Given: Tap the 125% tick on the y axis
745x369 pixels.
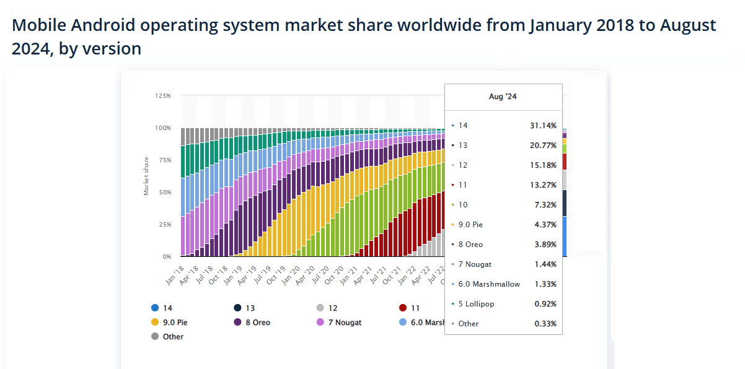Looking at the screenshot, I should coord(163,96).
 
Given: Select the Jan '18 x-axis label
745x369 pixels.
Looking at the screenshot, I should coord(174,276).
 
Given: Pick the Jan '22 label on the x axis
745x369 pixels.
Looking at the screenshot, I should coord(407,276).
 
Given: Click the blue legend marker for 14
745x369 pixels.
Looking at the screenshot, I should coord(154,308).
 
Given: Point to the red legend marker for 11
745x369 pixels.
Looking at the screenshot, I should coord(403,308).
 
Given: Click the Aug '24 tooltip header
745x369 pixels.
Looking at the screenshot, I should coord(503,97).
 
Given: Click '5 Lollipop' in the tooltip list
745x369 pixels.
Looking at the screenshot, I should coord(476,304).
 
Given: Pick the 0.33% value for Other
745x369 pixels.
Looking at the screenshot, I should coord(545,324).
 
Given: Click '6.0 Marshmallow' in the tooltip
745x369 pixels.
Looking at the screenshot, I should coord(489,284).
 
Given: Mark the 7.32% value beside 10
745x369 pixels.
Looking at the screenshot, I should coord(546,205).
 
